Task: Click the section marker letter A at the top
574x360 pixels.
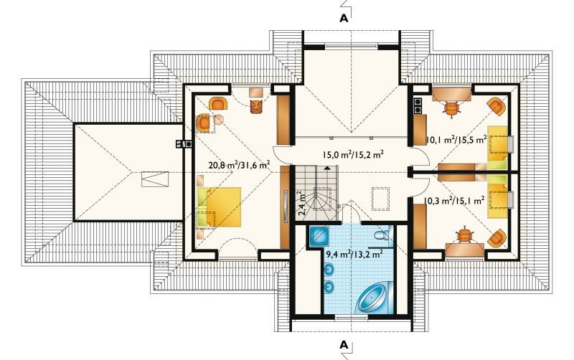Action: [344, 19]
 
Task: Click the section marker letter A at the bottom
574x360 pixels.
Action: [344, 344]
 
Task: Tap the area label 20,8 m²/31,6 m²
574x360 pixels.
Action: [240, 165]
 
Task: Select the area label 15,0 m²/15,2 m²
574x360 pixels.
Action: [353, 154]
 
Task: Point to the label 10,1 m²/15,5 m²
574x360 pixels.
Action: [456, 139]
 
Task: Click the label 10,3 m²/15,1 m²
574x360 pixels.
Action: [454, 200]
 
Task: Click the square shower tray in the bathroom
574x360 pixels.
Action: [319, 236]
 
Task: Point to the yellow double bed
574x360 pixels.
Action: [219, 207]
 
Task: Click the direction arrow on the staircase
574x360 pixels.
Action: [327, 168]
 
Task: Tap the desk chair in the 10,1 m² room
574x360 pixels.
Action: [451, 108]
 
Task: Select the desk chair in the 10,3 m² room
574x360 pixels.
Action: [464, 235]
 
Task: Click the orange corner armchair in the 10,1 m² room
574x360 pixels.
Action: [497, 106]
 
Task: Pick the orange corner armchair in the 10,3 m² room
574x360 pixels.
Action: [497, 238]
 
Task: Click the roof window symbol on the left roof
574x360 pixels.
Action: [156, 179]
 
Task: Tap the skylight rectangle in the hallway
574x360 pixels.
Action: [381, 199]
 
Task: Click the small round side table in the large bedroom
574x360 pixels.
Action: [219, 120]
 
